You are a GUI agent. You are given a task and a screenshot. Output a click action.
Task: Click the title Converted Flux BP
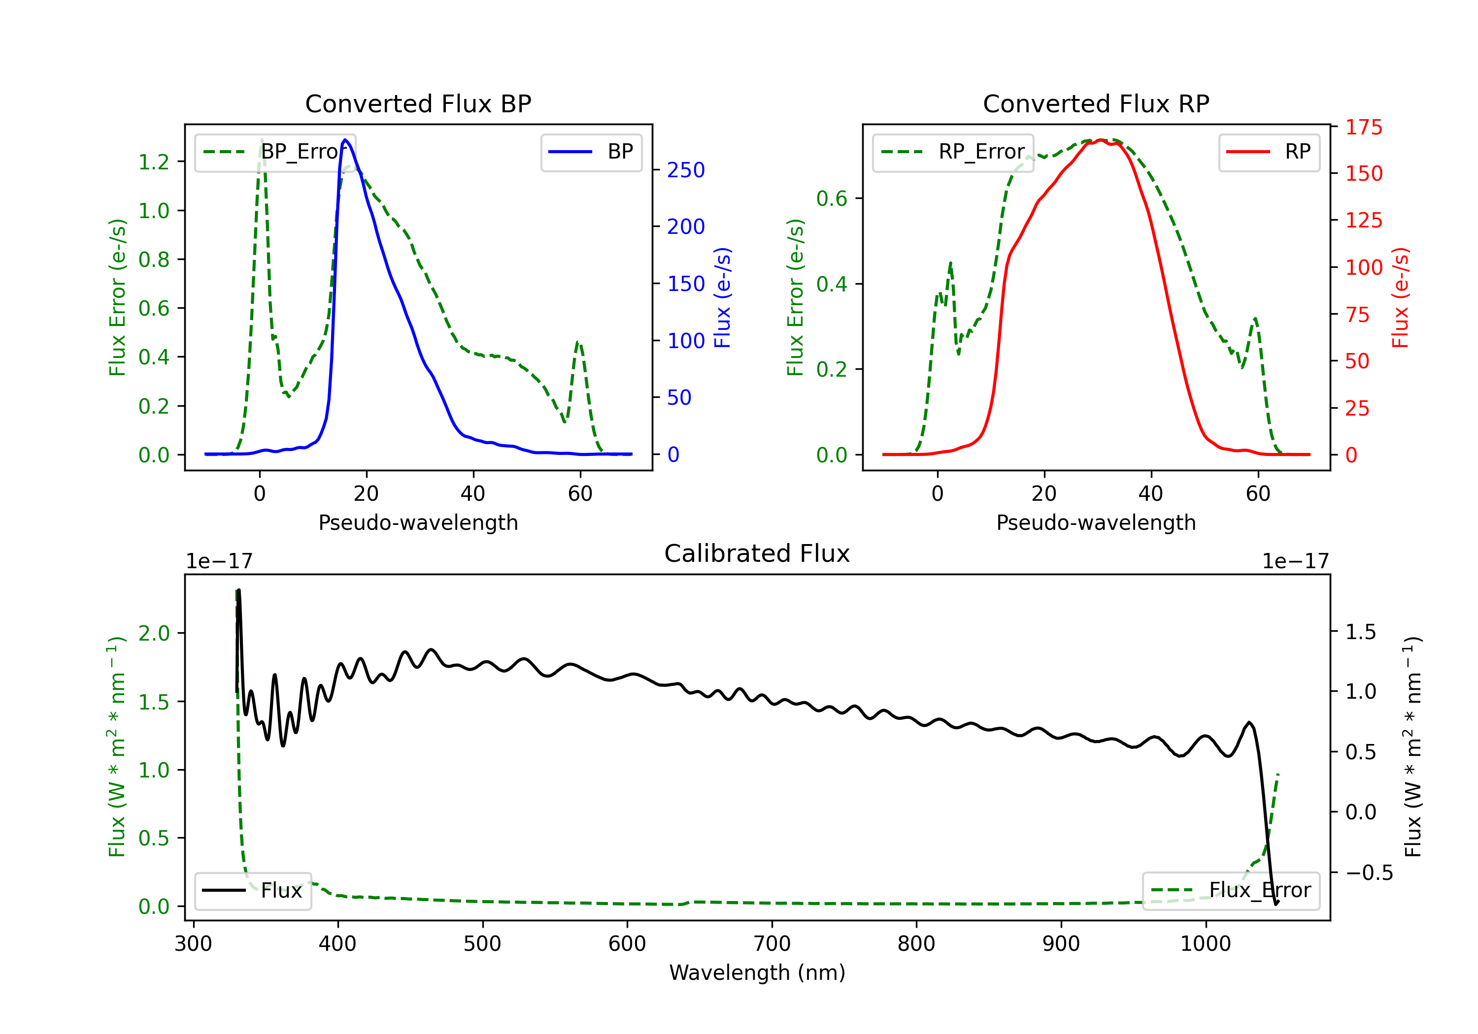tap(418, 103)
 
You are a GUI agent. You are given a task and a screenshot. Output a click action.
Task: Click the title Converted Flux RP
tap(1096, 103)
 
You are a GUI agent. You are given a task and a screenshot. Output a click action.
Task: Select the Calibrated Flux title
tap(757, 553)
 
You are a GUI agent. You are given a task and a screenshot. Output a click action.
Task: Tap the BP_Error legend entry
tap(275, 152)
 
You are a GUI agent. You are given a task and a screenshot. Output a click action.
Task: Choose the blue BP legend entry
tap(591, 152)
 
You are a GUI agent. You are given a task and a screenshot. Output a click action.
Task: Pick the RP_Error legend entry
tap(953, 152)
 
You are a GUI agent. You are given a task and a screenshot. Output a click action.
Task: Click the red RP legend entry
tap(1269, 152)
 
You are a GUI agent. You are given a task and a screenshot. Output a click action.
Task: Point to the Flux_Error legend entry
tap(1231, 891)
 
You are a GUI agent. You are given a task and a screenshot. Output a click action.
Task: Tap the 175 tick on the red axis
tap(1363, 128)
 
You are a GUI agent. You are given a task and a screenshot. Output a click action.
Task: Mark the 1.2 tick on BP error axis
tap(154, 162)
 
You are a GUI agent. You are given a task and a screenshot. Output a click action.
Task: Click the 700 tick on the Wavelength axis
tap(772, 943)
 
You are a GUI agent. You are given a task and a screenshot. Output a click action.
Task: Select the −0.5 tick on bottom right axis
tap(1369, 872)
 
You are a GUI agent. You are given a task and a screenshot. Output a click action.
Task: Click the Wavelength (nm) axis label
tap(757, 973)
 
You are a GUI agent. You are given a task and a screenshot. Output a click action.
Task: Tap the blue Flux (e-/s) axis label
tap(722, 297)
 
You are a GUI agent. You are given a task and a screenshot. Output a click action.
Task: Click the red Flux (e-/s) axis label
tap(1401, 297)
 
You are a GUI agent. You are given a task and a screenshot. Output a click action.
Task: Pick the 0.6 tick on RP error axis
tap(832, 198)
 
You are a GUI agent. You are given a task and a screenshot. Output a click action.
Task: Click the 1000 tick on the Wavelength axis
tap(1206, 943)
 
